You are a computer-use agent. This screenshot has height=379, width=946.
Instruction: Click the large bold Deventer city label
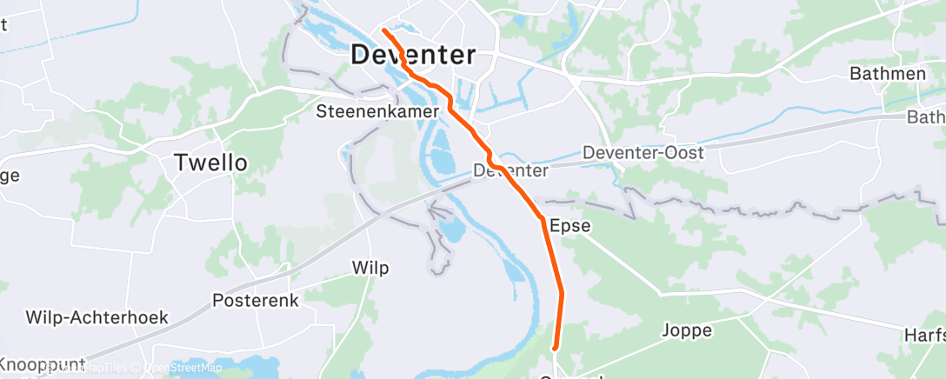click(x=413, y=55)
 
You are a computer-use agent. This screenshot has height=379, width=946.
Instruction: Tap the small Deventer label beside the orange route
click(x=511, y=171)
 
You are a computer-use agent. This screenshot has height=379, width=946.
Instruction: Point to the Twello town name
click(x=211, y=163)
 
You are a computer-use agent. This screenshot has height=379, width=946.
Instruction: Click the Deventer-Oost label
click(x=643, y=152)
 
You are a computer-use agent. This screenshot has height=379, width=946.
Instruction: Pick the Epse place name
click(x=570, y=226)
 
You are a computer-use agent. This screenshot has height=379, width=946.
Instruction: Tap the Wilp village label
click(x=371, y=266)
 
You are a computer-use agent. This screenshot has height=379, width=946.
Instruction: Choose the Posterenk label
click(x=256, y=301)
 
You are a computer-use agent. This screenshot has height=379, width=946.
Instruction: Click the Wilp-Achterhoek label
click(x=97, y=316)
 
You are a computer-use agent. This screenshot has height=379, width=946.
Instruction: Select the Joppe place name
click(x=687, y=330)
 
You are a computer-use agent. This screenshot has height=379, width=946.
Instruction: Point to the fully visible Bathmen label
click(x=887, y=74)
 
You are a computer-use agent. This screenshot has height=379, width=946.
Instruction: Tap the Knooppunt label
click(x=43, y=363)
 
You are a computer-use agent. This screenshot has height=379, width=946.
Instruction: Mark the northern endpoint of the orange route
click(x=383, y=31)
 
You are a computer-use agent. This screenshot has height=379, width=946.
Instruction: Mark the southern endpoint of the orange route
click(x=556, y=349)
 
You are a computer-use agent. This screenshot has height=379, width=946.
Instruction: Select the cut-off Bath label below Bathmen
click(x=925, y=116)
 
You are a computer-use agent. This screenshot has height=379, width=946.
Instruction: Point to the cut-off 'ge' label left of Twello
click(x=10, y=176)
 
